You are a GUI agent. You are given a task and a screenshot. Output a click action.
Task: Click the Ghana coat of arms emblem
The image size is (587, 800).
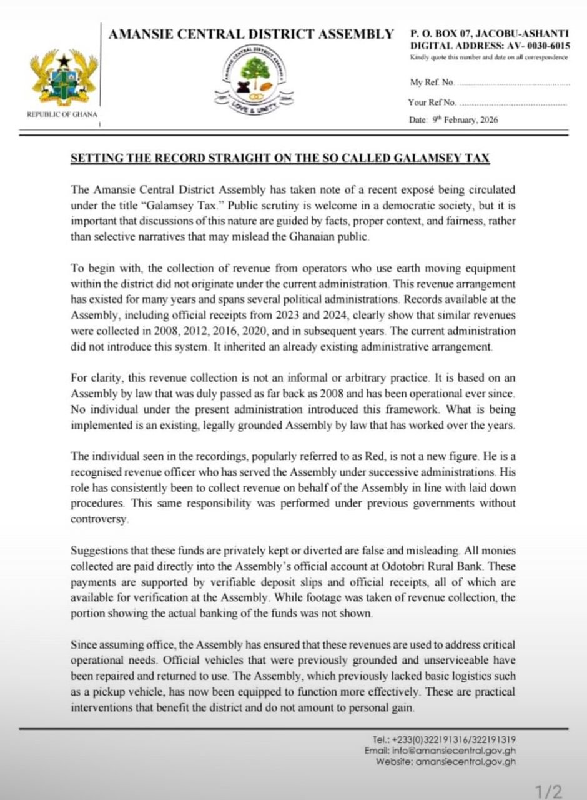pyautogui.click(x=62, y=78)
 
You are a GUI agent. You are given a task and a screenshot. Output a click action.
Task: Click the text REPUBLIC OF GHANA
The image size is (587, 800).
pyautogui.click(x=62, y=114)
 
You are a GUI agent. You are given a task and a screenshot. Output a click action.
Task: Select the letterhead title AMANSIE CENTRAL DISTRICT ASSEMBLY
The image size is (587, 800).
pyautogui.click(x=251, y=34)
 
